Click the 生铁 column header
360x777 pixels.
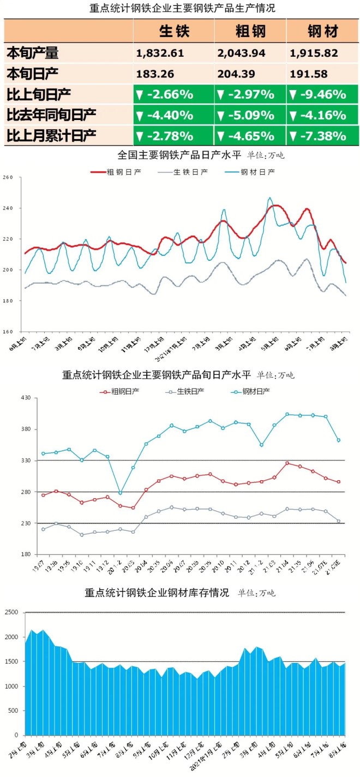(x=174, y=31)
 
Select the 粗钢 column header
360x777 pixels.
(x=250, y=31)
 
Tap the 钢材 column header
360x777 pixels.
(x=322, y=31)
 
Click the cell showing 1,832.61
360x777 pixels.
(x=160, y=53)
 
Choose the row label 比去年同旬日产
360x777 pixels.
(x=51, y=115)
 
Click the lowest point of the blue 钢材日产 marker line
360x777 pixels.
(x=120, y=493)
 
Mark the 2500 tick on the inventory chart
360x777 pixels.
(x=12, y=612)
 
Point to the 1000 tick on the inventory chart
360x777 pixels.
(x=12, y=686)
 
